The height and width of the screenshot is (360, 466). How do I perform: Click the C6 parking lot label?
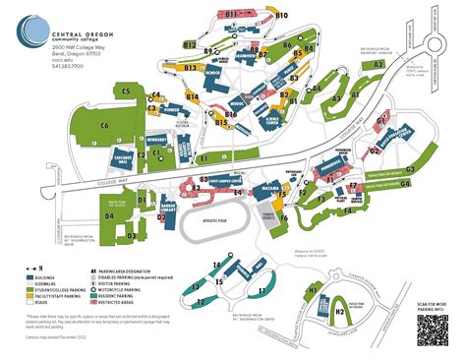pos(104,126)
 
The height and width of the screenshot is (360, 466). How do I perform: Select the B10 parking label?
pos(281,17)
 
